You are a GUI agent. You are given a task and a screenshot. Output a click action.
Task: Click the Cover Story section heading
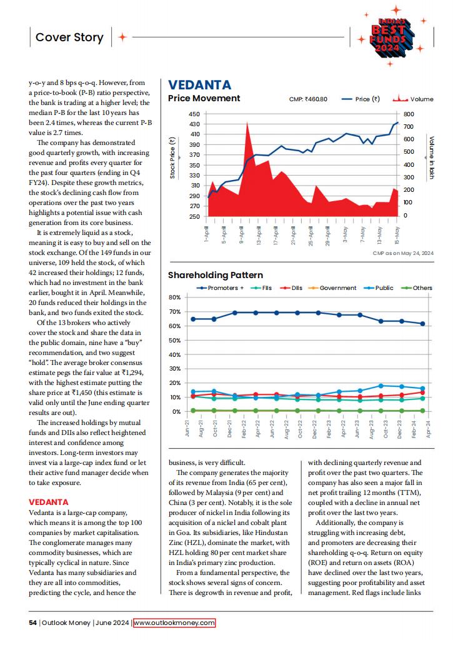tap(69, 37)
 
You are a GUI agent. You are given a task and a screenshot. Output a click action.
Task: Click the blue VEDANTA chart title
tap(199, 85)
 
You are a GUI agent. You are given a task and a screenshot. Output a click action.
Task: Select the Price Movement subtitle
tap(204, 98)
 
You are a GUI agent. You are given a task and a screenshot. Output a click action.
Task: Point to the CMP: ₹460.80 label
tap(308, 99)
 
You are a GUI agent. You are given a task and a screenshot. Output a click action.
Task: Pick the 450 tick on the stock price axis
tap(194, 114)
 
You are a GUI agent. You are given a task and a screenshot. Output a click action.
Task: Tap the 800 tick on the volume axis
tap(409, 114)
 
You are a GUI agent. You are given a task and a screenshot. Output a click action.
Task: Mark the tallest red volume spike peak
tap(247, 123)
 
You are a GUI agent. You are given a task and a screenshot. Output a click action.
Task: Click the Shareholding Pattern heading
tap(215, 275)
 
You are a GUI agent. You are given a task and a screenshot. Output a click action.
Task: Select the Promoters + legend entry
tap(220, 288)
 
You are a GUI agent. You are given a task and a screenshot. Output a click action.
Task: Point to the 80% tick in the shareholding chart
tap(175, 297)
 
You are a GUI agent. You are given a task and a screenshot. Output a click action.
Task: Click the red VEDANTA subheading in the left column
tap(49, 502)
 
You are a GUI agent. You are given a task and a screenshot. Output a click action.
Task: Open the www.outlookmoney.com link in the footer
tap(174, 622)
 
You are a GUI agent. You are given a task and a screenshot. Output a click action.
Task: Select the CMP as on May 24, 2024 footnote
tap(402, 252)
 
